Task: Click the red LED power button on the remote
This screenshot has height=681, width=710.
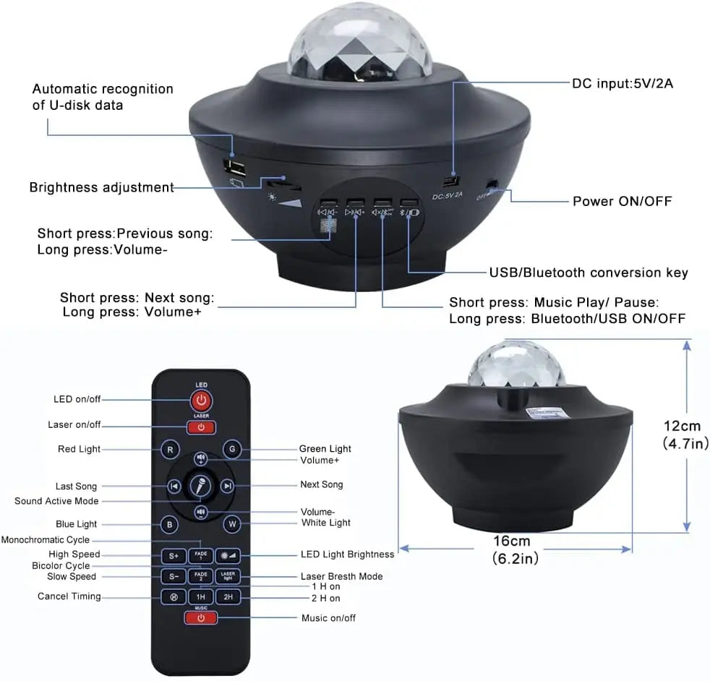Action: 201,400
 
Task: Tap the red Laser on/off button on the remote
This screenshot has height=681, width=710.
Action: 201,427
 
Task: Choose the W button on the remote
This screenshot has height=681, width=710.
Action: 231,524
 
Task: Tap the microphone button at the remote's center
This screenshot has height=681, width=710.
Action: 200,487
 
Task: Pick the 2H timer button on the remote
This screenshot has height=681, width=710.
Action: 228,598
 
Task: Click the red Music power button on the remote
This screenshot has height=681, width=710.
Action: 201,618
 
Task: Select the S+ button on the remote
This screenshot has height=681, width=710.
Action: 174,556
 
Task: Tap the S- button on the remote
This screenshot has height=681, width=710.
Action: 174,577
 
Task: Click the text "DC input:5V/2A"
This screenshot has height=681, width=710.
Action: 623,83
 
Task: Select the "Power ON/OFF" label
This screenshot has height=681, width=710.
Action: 622,200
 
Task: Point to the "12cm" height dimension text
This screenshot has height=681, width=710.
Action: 685,426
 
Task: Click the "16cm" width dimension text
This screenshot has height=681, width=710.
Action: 512,541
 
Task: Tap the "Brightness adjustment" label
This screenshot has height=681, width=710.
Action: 101,187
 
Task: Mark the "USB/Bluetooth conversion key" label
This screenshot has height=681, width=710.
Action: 589,273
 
